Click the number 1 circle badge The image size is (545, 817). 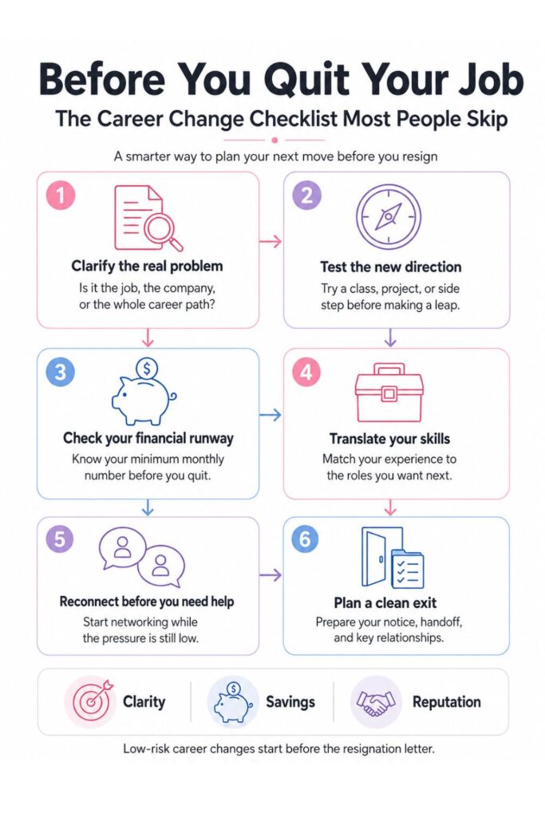[61, 195]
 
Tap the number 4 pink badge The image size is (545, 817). [306, 373]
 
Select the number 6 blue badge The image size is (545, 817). [306, 539]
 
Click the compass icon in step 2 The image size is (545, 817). [388, 216]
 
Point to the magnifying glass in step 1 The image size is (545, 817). [163, 231]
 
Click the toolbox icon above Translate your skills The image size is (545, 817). [389, 392]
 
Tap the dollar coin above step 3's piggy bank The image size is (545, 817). [146, 369]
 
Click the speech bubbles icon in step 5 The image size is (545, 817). [142, 556]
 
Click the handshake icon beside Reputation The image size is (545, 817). [375, 702]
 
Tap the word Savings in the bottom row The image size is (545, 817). [290, 702]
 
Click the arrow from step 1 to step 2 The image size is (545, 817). [270, 241]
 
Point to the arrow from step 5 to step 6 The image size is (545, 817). [270, 574]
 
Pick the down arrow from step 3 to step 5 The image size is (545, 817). [148, 507]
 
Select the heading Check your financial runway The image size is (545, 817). [148, 438]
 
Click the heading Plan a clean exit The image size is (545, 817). [385, 603]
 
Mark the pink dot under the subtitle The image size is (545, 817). [274, 140]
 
